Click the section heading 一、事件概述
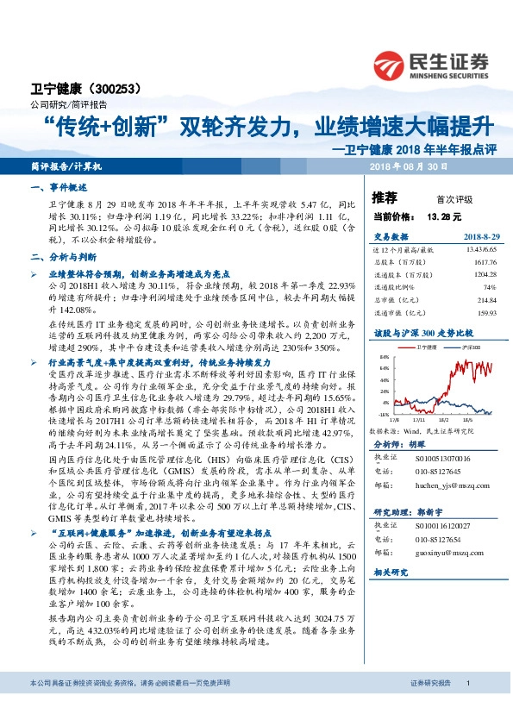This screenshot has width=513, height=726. pos(54,186)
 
